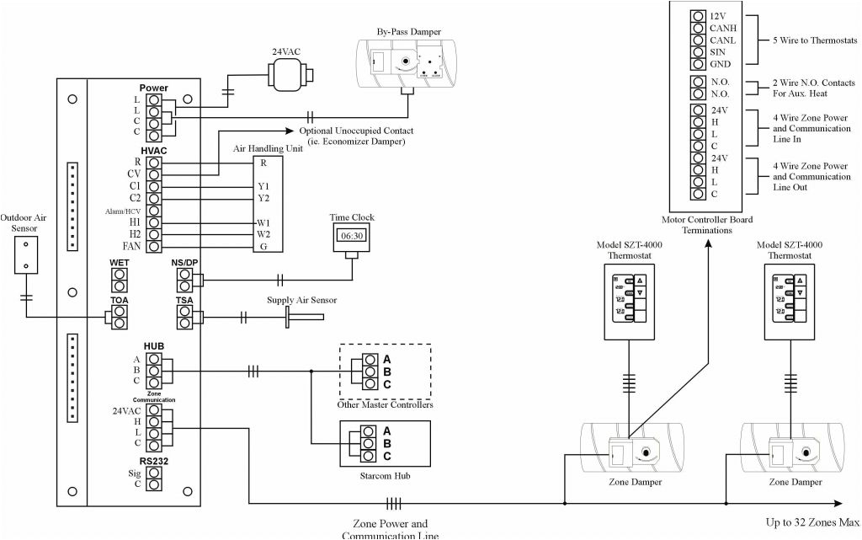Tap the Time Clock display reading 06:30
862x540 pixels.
352,237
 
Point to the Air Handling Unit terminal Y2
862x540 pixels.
263,198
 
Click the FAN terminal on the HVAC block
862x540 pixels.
154,246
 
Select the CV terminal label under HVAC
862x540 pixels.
133,174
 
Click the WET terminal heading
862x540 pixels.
120,263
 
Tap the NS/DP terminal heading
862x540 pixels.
184,263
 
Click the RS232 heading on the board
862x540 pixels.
154,462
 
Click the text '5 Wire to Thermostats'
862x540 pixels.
814,40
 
